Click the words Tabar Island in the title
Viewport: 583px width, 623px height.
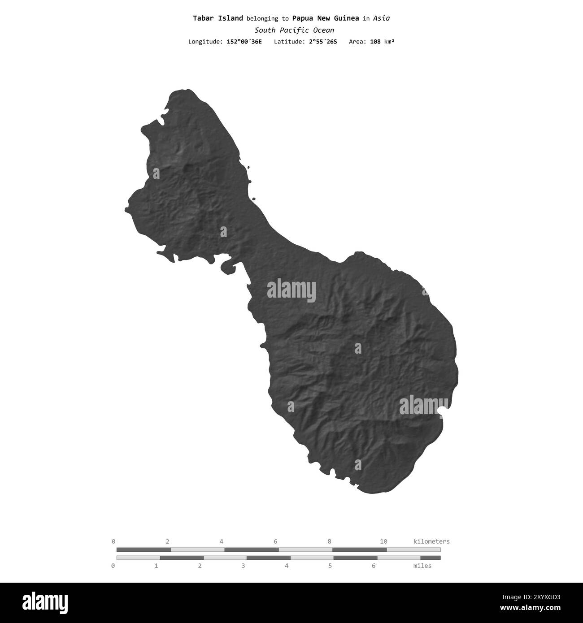[x=218, y=18]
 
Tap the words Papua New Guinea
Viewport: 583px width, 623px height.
[x=325, y=18]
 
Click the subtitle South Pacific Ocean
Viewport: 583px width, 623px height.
[x=294, y=30]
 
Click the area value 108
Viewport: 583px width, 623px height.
[x=375, y=42]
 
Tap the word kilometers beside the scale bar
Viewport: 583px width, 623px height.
[x=431, y=541]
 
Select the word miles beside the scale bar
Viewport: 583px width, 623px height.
[x=422, y=566]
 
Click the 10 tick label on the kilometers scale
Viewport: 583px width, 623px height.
[x=383, y=541]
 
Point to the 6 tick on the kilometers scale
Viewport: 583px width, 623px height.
[x=275, y=541]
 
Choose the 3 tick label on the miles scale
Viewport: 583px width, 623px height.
[x=243, y=566]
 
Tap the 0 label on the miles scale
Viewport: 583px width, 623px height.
[x=113, y=566]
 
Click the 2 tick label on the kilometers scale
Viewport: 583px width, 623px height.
[x=168, y=541]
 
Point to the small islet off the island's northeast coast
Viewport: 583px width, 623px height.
[x=253, y=199]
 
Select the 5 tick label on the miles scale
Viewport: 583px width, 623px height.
[x=330, y=566]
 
